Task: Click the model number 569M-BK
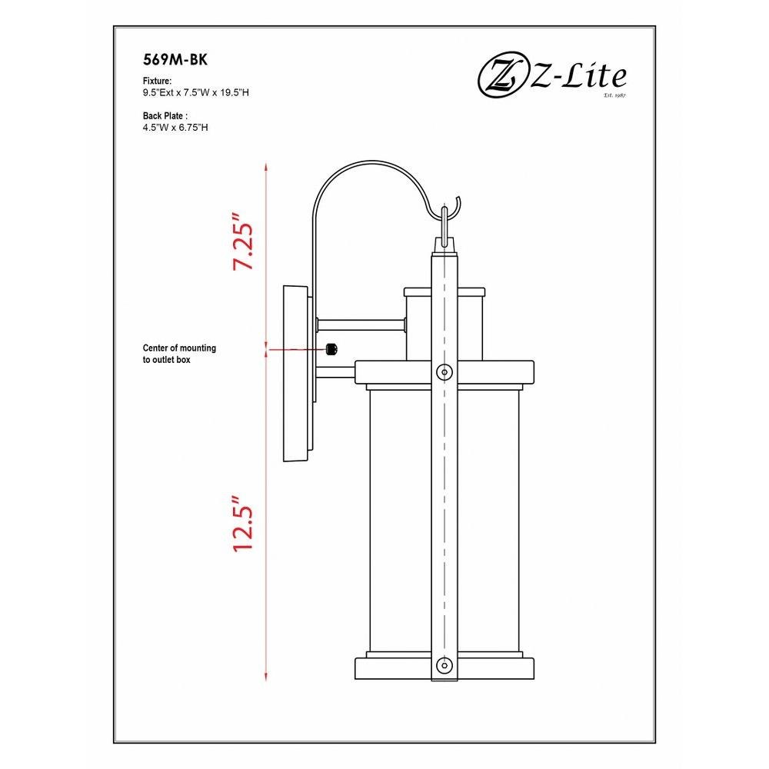(x=175, y=60)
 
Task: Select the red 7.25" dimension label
(x=243, y=241)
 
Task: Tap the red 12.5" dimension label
(x=243, y=524)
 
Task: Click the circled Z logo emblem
(x=499, y=78)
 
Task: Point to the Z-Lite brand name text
(x=578, y=76)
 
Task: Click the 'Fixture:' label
(x=157, y=81)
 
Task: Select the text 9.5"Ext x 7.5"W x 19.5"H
(x=195, y=93)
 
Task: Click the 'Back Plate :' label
(x=165, y=116)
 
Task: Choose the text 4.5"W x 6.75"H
(x=175, y=128)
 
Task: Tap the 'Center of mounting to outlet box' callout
(x=179, y=354)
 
